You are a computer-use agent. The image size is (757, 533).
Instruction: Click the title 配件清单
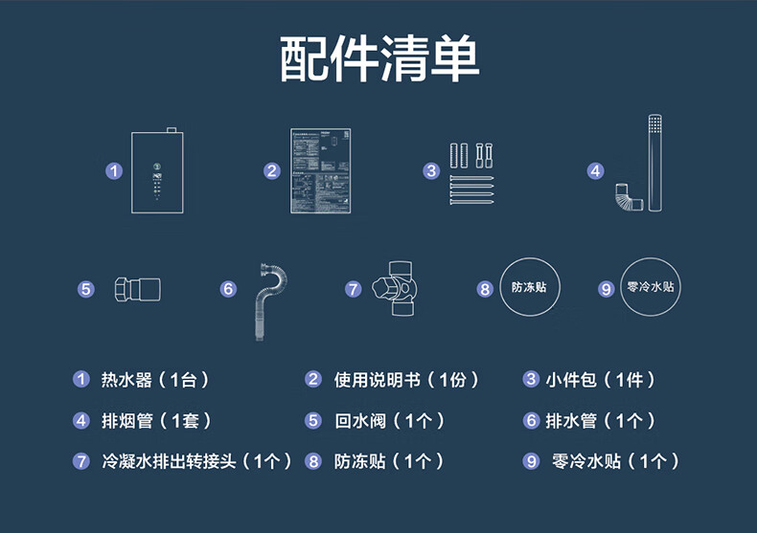(379, 59)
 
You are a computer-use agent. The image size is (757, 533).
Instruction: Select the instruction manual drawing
(319, 170)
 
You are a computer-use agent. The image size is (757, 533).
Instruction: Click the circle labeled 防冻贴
(528, 287)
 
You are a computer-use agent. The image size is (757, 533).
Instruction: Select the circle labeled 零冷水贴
(651, 287)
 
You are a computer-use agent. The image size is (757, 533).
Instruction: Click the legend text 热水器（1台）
(154, 380)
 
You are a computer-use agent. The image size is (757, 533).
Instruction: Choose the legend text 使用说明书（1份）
(405, 380)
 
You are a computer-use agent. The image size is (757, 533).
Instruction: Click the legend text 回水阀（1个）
(389, 420)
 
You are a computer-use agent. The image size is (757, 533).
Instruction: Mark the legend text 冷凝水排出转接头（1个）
(196, 461)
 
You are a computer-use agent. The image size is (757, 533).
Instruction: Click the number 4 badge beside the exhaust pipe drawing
(596, 171)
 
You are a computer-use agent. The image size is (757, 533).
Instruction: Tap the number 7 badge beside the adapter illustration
(354, 288)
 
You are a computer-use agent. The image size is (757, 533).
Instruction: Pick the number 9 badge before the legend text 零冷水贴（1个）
(532, 461)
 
